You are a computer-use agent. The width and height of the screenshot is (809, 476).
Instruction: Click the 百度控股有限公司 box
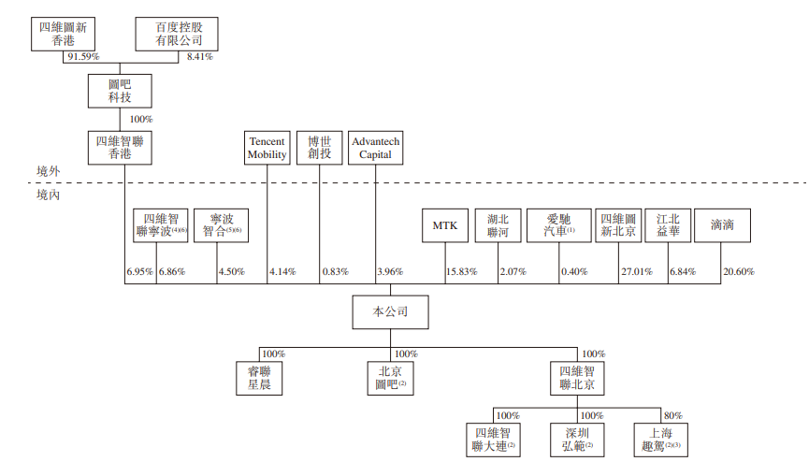point(178,35)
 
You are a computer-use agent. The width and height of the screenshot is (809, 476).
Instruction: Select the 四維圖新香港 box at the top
point(64,35)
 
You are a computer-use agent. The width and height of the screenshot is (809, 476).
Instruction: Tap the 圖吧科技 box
point(119,91)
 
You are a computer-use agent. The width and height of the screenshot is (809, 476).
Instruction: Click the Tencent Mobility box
point(267,147)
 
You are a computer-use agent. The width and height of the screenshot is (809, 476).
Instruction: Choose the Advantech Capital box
point(376,147)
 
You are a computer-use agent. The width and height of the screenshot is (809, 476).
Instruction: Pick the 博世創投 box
point(320,147)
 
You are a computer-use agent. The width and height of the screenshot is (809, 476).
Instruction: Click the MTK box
point(444,225)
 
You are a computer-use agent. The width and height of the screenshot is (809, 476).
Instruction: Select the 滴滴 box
point(722,225)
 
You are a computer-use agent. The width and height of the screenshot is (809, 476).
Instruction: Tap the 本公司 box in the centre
point(390,311)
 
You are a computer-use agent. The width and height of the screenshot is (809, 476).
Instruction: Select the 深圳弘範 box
point(577,440)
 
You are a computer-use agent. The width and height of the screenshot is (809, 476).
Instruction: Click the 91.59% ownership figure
point(80,57)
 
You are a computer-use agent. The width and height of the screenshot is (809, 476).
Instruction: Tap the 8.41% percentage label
point(200,57)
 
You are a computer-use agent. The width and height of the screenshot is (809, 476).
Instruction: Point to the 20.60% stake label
point(739,271)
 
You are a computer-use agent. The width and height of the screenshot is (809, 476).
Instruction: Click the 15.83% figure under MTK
point(461,271)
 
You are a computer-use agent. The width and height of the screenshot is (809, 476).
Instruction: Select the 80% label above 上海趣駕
point(672,415)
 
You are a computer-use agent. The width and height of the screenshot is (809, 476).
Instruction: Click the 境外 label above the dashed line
point(47,171)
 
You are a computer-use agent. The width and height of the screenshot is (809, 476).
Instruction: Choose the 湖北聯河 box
point(498,225)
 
